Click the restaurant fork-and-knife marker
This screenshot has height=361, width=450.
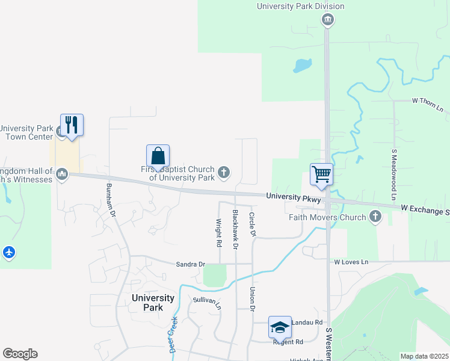[x=72, y=125]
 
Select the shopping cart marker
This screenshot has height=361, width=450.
[x=322, y=174]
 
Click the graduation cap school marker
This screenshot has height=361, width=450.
[x=280, y=327]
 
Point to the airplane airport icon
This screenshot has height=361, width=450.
[x=8, y=252]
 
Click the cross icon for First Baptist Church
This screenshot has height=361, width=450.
[x=224, y=173]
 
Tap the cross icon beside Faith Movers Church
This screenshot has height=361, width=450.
[x=376, y=217]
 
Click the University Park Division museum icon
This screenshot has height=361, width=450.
[x=327, y=20]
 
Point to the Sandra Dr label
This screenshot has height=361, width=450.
[x=191, y=264]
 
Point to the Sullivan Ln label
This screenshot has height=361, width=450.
[x=208, y=299]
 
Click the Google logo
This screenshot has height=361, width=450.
[x=20, y=354]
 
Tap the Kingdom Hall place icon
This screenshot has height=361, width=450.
[x=62, y=174]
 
